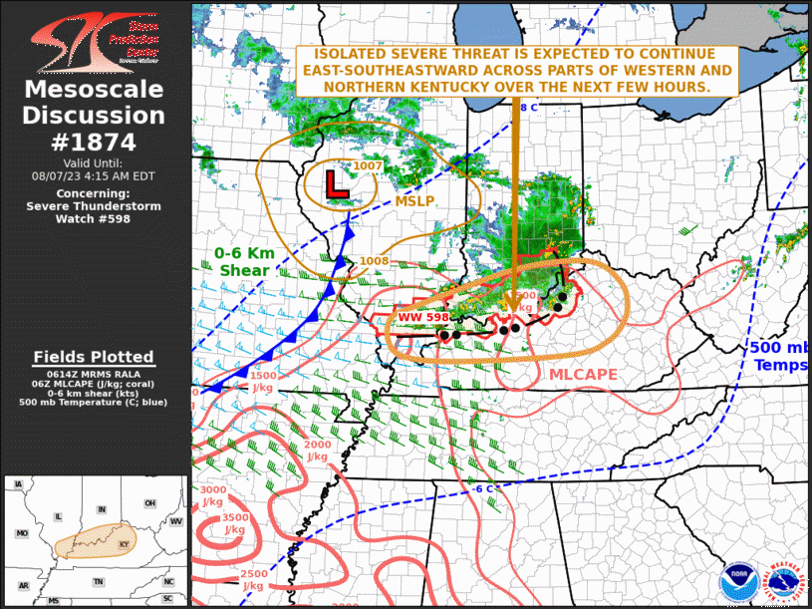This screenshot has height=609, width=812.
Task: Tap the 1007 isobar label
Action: click(368, 165)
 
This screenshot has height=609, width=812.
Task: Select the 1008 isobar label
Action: click(375, 261)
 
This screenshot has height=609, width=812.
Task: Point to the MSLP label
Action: click(413, 201)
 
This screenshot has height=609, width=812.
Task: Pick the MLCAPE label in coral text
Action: click(584, 374)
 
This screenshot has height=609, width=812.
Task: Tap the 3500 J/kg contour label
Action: click(235, 524)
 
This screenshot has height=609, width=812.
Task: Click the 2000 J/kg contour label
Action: click(317, 451)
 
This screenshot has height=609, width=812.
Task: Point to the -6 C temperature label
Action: click(483, 488)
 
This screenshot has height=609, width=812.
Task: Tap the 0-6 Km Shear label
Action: click(242, 261)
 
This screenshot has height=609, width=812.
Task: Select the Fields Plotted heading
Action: click(94, 357)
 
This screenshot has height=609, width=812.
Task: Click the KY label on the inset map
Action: click(125, 545)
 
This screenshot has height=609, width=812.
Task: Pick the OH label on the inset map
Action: click(149, 503)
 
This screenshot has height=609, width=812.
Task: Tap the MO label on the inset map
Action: click(22, 534)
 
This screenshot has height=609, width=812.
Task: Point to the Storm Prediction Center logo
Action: click(95, 40)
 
